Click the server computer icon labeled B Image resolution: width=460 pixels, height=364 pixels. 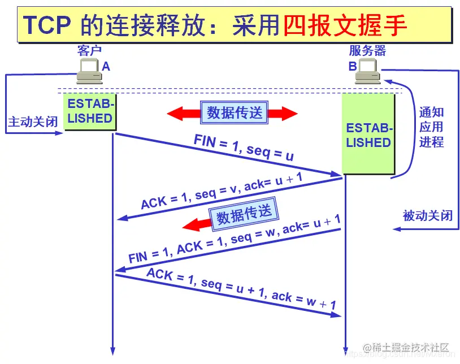point(367,72)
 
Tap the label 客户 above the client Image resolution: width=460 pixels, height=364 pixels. point(89,51)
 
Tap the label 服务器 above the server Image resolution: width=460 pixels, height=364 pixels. point(367,51)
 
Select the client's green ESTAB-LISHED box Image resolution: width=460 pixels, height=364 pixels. point(90,111)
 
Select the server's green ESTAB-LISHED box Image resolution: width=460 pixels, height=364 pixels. point(368,135)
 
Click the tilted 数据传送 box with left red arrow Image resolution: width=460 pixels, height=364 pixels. point(244,214)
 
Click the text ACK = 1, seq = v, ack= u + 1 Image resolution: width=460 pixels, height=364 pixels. point(222,192)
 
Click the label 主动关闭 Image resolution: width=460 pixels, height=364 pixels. point(32,122)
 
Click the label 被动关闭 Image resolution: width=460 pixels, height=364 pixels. point(427,215)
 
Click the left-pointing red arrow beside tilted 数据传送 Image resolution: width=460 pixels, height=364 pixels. point(195,225)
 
